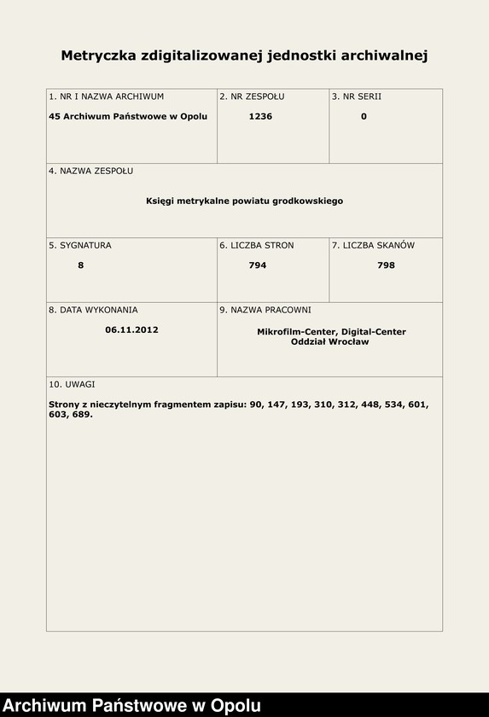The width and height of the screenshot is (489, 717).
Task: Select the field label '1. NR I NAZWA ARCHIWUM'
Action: pyautogui.click(x=106, y=96)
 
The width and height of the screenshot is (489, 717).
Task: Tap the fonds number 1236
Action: pyautogui.click(x=260, y=117)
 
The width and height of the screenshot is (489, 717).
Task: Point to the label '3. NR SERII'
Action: pyautogui.click(x=356, y=96)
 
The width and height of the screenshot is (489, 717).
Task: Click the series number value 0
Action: pyautogui.click(x=364, y=117)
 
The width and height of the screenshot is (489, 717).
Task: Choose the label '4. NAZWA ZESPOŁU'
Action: pyautogui.click(x=90, y=171)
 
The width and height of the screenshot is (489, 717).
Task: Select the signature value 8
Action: pyautogui.click(x=80, y=265)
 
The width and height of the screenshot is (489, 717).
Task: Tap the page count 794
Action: pyautogui.click(x=257, y=265)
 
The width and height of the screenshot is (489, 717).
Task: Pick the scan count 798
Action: pyautogui.click(x=386, y=265)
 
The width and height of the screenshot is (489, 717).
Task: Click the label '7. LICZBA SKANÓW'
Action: pyautogui.click(x=373, y=245)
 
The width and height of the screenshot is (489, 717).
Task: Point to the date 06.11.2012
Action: pyautogui.click(x=131, y=329)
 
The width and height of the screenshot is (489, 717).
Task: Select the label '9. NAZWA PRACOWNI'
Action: pyautogui.click(x=265, y=310)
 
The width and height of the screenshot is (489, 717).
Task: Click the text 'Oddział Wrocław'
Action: pyautogui.click(x=329, y=341)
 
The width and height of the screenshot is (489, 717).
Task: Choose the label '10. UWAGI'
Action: pyautogui.click(x=72, y=384)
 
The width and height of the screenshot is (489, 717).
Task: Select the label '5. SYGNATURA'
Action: pyautogui.click(x=79, y=245)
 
